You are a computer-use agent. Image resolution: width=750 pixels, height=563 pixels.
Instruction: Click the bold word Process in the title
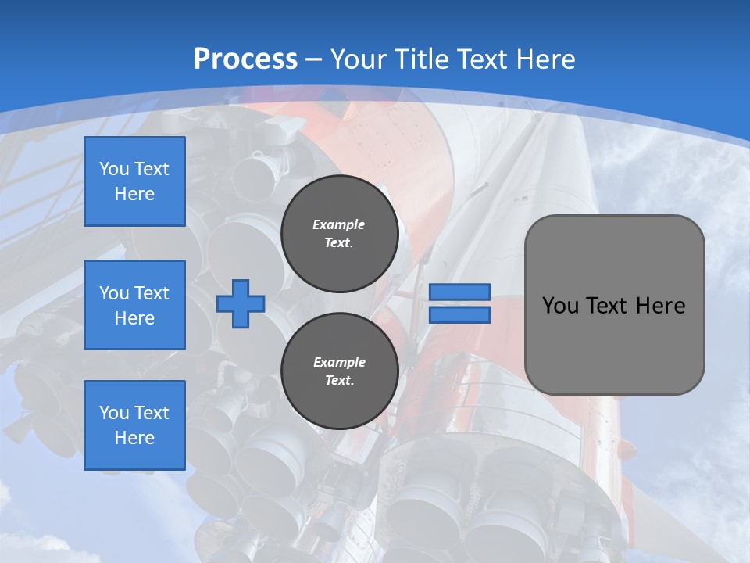click(245, 59)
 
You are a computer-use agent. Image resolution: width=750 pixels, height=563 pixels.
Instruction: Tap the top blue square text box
click(134, 181)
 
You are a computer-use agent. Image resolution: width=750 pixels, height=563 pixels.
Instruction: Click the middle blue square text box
click(134, 305)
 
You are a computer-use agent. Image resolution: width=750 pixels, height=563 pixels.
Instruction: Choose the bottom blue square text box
click(134, 425)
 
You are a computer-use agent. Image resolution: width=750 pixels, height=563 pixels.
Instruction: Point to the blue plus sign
click(240, 304)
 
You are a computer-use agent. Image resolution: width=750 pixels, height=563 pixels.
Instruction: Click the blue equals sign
click(459, 304)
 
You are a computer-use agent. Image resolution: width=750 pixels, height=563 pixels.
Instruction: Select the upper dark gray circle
click(340, 234)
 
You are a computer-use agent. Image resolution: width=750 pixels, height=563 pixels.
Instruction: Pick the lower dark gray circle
click(340, 371)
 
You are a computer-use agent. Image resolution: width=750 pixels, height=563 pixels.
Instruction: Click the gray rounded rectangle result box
click(614, 305)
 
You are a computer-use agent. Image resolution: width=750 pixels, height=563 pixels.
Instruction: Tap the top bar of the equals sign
click(459, 292)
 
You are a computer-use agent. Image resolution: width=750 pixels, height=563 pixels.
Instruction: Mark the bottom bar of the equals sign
click(459, 315)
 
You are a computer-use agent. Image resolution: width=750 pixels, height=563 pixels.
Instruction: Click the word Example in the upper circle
click(339, 224)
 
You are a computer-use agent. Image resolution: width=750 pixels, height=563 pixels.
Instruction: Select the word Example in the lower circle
click(339, 362)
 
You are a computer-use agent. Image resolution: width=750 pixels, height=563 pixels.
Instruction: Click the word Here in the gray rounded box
click(660, 306)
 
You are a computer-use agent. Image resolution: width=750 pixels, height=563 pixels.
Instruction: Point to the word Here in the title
click(545, 59)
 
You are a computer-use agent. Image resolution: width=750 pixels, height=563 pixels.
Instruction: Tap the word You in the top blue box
click(114, 169)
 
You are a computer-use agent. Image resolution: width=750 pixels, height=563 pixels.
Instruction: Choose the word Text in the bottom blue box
click(152, 413)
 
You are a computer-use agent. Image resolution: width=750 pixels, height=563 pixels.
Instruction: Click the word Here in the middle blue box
click(134, 318)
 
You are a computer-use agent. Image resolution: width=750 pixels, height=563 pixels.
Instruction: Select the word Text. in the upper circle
click(339, 243)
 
